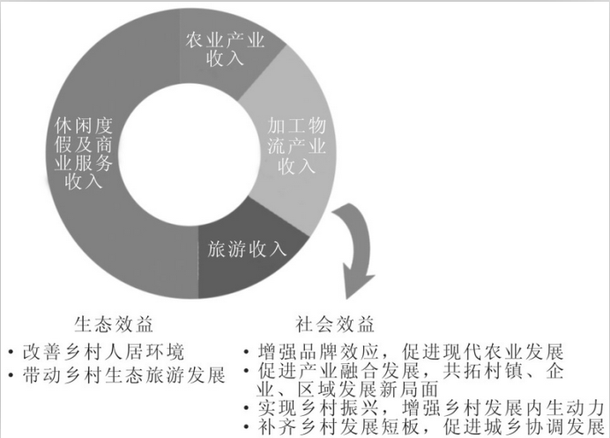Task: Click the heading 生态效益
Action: tap(114, 324)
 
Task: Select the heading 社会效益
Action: tap(335, 324)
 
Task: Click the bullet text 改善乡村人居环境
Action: tap(103, 352)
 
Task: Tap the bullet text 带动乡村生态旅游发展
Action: tap(123, 375)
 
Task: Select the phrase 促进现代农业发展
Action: tap(483, 352)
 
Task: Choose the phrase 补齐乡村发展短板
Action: tap(338, 427)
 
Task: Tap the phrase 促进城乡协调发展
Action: tap(524, 427)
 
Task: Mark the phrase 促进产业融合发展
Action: tap(338, 372)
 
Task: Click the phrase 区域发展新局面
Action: tap(368, 390)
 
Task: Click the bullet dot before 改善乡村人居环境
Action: tap(11, 353)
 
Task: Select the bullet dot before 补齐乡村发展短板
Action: tap(246, 427)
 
